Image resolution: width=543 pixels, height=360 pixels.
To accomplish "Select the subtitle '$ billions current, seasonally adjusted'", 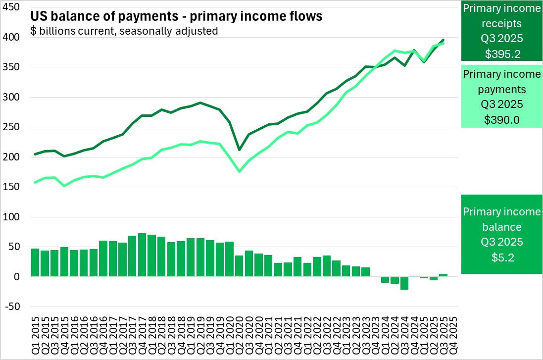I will (124, 31).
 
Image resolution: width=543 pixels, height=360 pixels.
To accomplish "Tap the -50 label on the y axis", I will (12, 307).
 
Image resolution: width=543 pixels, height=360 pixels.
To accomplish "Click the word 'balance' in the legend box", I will (501, 227).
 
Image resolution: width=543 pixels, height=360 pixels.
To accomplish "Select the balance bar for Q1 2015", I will (35, 262).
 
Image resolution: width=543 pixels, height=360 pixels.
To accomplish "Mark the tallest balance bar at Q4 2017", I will (142, 255).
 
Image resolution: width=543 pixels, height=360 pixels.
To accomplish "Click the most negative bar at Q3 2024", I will (404, 283).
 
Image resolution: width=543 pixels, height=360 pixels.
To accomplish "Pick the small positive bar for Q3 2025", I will (443, 275).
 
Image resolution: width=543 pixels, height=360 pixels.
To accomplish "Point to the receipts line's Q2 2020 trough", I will (240, 150).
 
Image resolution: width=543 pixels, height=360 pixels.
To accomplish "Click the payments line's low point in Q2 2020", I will (240, 171).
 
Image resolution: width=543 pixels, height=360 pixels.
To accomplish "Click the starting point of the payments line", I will (35, 182).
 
